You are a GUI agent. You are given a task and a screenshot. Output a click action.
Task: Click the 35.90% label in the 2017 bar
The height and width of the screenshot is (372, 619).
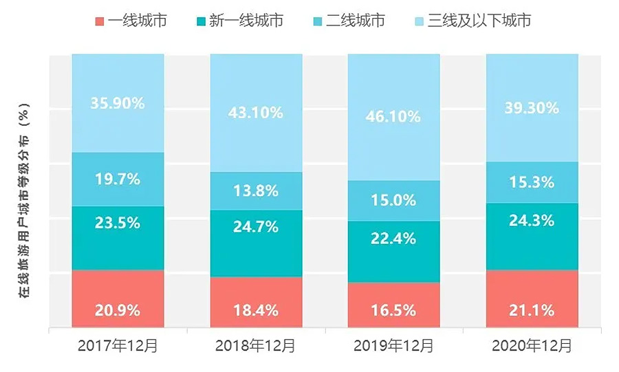tap(118, 103)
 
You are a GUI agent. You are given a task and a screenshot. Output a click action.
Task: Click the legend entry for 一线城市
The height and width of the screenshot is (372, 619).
tap(131, 21)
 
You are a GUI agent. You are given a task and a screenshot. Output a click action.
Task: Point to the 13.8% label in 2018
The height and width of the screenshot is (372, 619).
tap(257, 191)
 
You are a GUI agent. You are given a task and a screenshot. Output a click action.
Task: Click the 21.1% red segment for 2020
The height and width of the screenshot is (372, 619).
tap(532, 310)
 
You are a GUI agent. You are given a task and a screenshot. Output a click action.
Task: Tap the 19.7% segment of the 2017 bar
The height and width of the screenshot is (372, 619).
tap(118, 179)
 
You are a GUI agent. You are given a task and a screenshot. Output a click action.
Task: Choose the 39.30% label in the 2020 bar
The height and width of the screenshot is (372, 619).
tap(532, 107)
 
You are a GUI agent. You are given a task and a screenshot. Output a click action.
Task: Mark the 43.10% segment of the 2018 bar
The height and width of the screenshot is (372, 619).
tap(257, 112)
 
